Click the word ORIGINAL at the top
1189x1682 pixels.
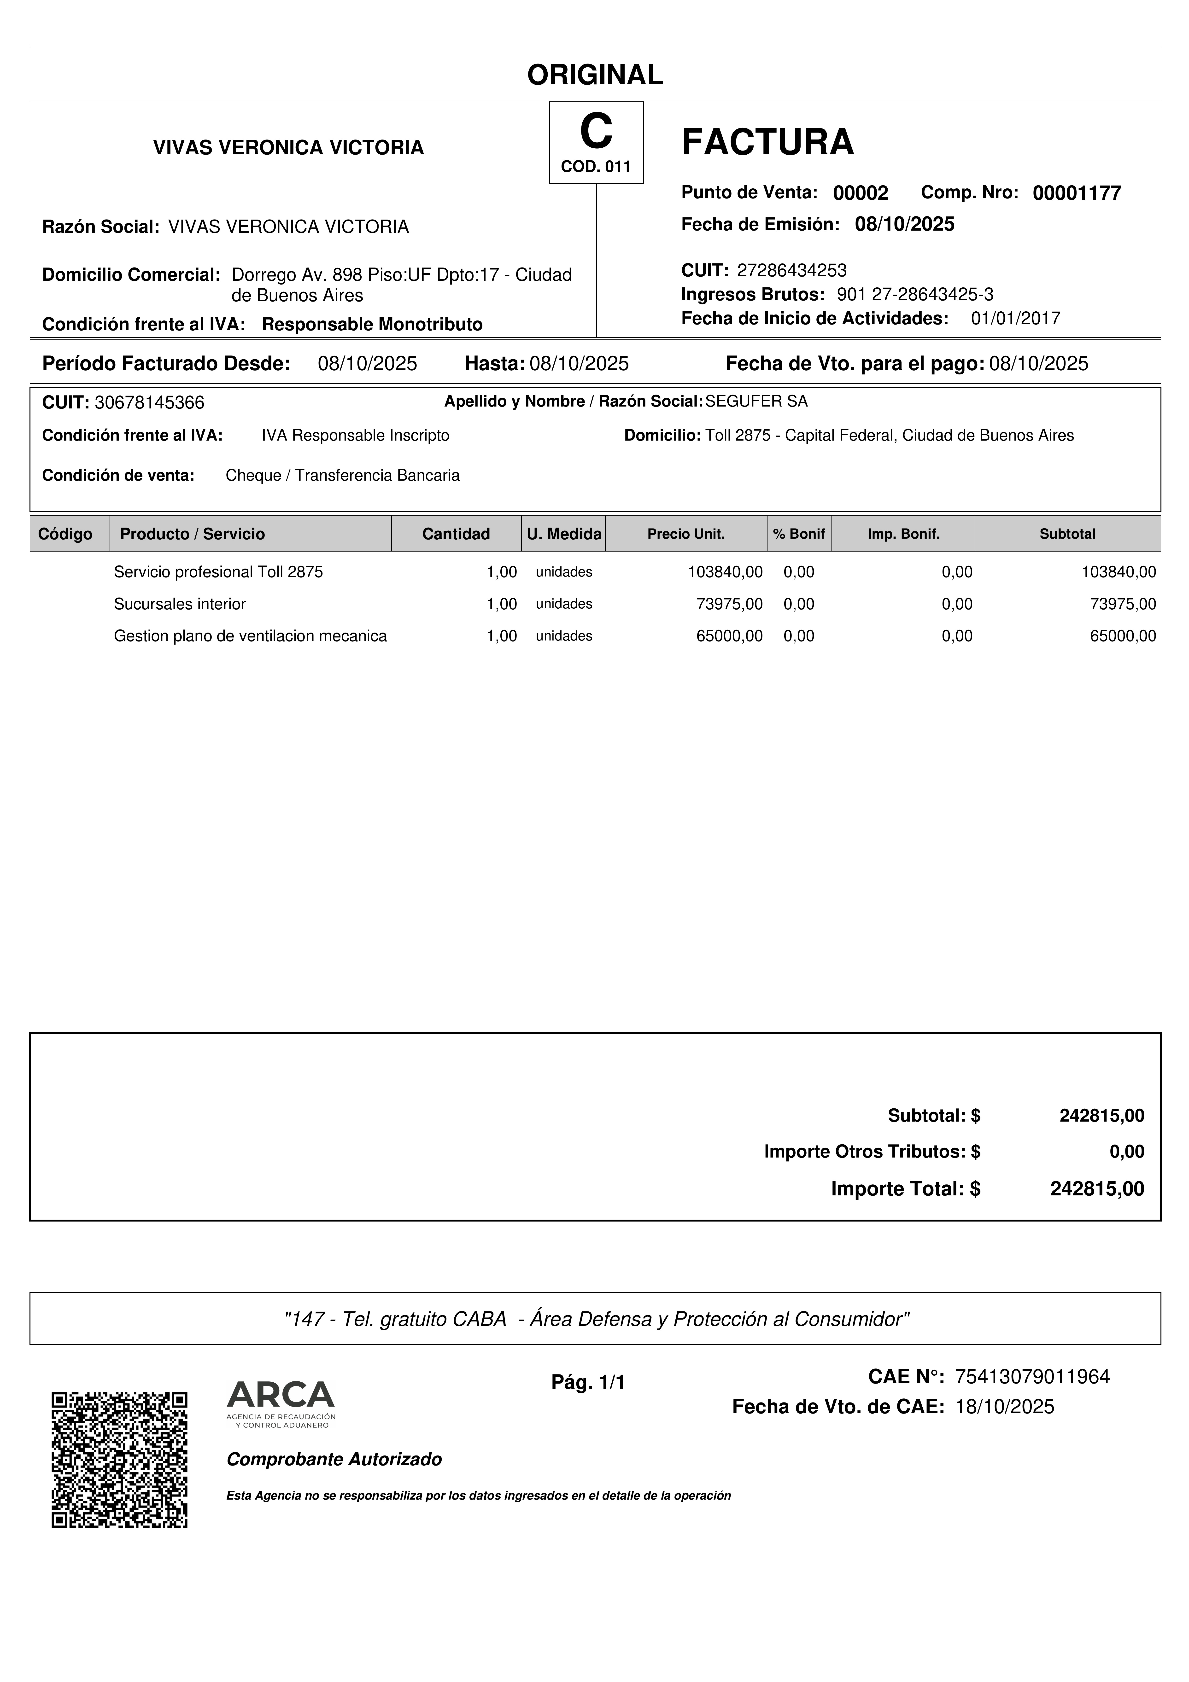(x=595, y=75)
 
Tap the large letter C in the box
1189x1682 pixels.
(x=596, y=132)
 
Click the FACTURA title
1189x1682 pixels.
(x=767, y=142)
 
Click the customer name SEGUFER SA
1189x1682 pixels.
(x=756, y=402)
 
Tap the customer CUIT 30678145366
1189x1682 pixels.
(x=149, y=403)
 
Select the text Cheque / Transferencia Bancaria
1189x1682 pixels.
(x=342, y=475)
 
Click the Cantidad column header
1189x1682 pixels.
(x=456, y=534)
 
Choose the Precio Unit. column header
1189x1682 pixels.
(x=686, y=534)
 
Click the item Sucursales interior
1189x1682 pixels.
(x=180, y=604)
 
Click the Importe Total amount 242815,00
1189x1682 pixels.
(x=1097, y=1189)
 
